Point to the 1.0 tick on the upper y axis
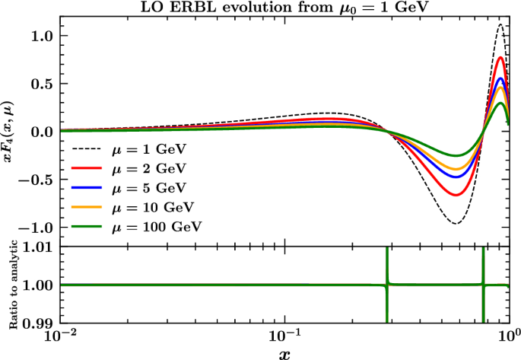tap(44, 36)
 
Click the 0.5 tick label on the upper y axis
tap(44, 83)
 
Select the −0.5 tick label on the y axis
tap(40, 179)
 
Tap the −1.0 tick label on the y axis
tap(40, 227)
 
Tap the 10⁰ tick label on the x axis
tap(507, 336)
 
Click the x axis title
tap(283, 353)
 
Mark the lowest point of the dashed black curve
tap(455, 223)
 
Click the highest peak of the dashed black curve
tap(500, 24)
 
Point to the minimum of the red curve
tap(455, 195)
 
